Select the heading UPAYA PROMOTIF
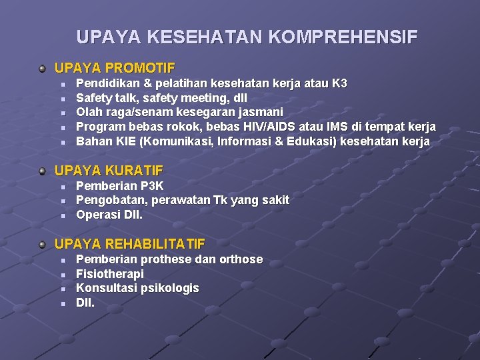point(115,68)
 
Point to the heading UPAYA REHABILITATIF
point(130,244)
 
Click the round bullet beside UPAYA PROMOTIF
point(43,68)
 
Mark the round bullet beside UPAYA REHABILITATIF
point(43,244)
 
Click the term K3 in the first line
point(339,83)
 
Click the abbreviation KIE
point(124,141)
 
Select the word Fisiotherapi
point(110,273)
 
